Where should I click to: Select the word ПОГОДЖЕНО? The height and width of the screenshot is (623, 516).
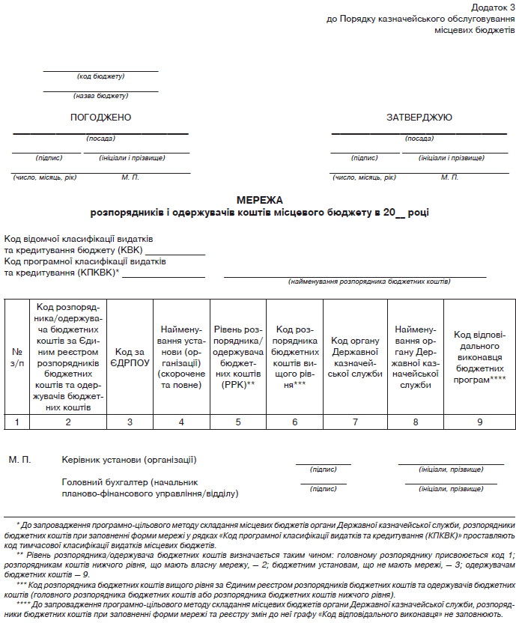[100, 118]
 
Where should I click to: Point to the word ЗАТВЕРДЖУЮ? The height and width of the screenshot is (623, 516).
[419, 118]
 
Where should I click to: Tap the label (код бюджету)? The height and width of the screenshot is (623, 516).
[100, 76]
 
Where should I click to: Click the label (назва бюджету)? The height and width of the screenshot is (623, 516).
[100, 96]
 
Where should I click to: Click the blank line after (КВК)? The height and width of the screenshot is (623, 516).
[175, 254]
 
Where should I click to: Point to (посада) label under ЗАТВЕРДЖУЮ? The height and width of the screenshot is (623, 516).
[419, 139]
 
